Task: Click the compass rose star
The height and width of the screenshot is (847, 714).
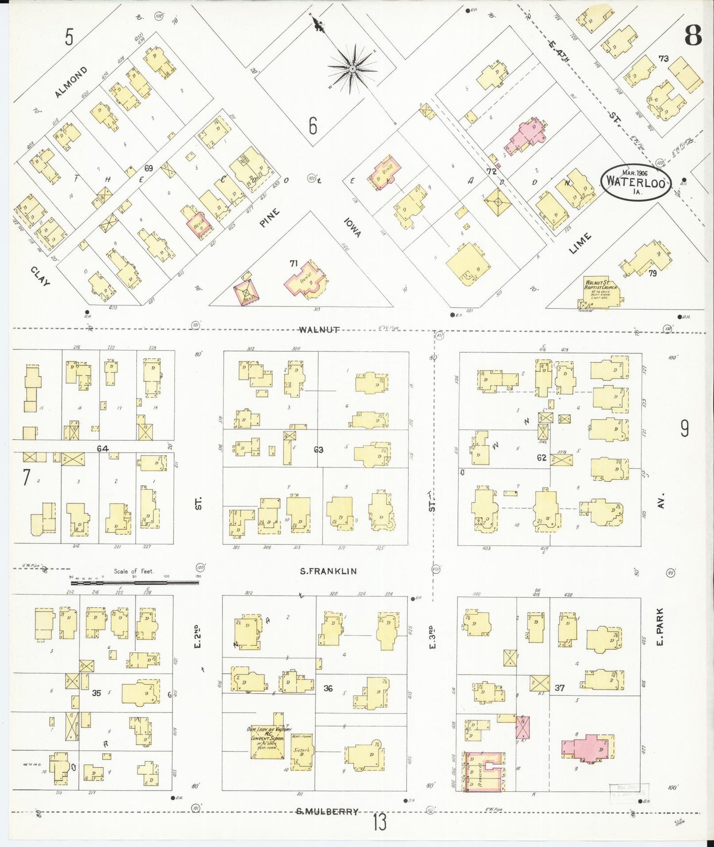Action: click(352, 69)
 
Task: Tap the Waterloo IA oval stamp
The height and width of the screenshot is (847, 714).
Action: click(636, 183)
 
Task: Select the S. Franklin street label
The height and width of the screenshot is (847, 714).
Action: click(328, 571)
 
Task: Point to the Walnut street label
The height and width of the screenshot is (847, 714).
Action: click(319, 330)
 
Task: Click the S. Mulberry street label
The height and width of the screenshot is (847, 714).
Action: click(327, 811)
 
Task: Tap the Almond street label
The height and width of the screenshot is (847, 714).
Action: click(71, 82)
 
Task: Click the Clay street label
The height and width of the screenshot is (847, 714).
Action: click(40, 276)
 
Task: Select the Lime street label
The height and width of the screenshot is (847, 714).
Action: click(580, 244)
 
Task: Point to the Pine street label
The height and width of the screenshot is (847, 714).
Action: click(270, 218)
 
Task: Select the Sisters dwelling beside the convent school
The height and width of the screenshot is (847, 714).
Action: click(301, 752)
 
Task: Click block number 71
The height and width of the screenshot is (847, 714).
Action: click(294, 263)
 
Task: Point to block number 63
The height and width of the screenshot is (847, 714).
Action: click(318, 450)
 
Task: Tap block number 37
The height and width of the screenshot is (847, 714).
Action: click(559, 687)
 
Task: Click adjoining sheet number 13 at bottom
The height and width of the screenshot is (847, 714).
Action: click(379, 823)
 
